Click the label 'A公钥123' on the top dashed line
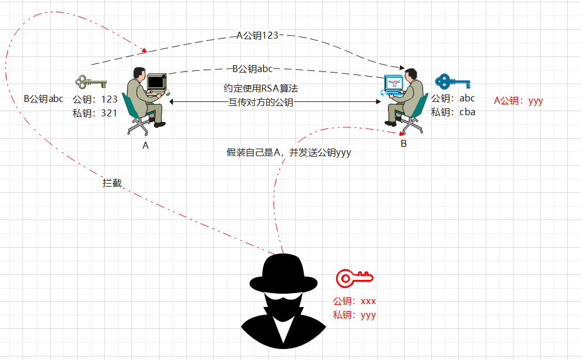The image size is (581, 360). click(x=258, y=35)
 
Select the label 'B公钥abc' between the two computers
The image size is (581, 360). click(x=252, y=69)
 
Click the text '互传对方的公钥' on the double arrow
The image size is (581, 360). click(x=261, y=103)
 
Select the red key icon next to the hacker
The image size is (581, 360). click(x=354, y=278)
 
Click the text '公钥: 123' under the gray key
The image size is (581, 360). click(x=95, y=99)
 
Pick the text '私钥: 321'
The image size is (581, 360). click(x=95, y=113)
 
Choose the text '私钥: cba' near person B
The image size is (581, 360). click(x=454, y=112)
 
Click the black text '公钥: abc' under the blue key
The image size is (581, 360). click(x=454, y=98)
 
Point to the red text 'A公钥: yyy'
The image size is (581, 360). click(x=518, y=100)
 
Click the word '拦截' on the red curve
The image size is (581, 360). click(x=112, y=183)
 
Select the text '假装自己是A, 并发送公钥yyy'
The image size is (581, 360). click(x=289, y=153)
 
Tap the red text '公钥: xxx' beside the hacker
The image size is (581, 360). click(x=354, y=301)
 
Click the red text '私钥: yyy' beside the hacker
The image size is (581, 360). click(x=354, y=315)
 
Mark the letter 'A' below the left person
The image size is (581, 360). click(x=146, y=146)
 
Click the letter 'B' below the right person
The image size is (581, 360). click(x=403, y=144)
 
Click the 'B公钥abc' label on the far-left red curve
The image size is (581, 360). click(x=44, y=98)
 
